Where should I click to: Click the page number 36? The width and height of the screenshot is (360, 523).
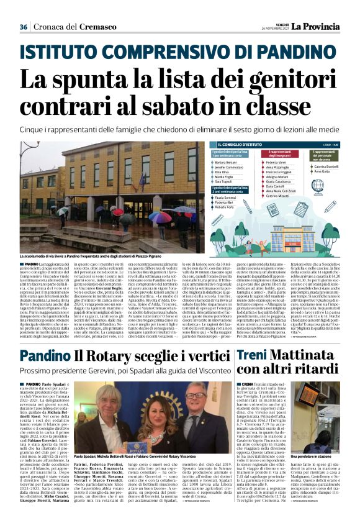tap(24, 27)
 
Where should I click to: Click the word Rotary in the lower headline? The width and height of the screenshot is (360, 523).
tap(115, 355)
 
